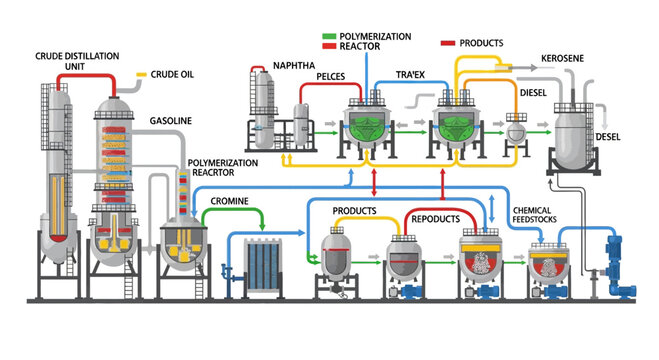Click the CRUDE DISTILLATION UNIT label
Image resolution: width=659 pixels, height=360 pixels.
click(x=71, y=59)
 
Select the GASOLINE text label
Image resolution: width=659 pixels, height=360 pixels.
click(x=172, y=119)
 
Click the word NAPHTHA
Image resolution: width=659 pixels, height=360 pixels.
click(x=295, y=67)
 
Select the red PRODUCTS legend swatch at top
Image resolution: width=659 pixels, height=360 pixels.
click(x=448, y=44)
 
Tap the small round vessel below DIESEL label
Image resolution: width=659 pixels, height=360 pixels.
click(x=518, y=131)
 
